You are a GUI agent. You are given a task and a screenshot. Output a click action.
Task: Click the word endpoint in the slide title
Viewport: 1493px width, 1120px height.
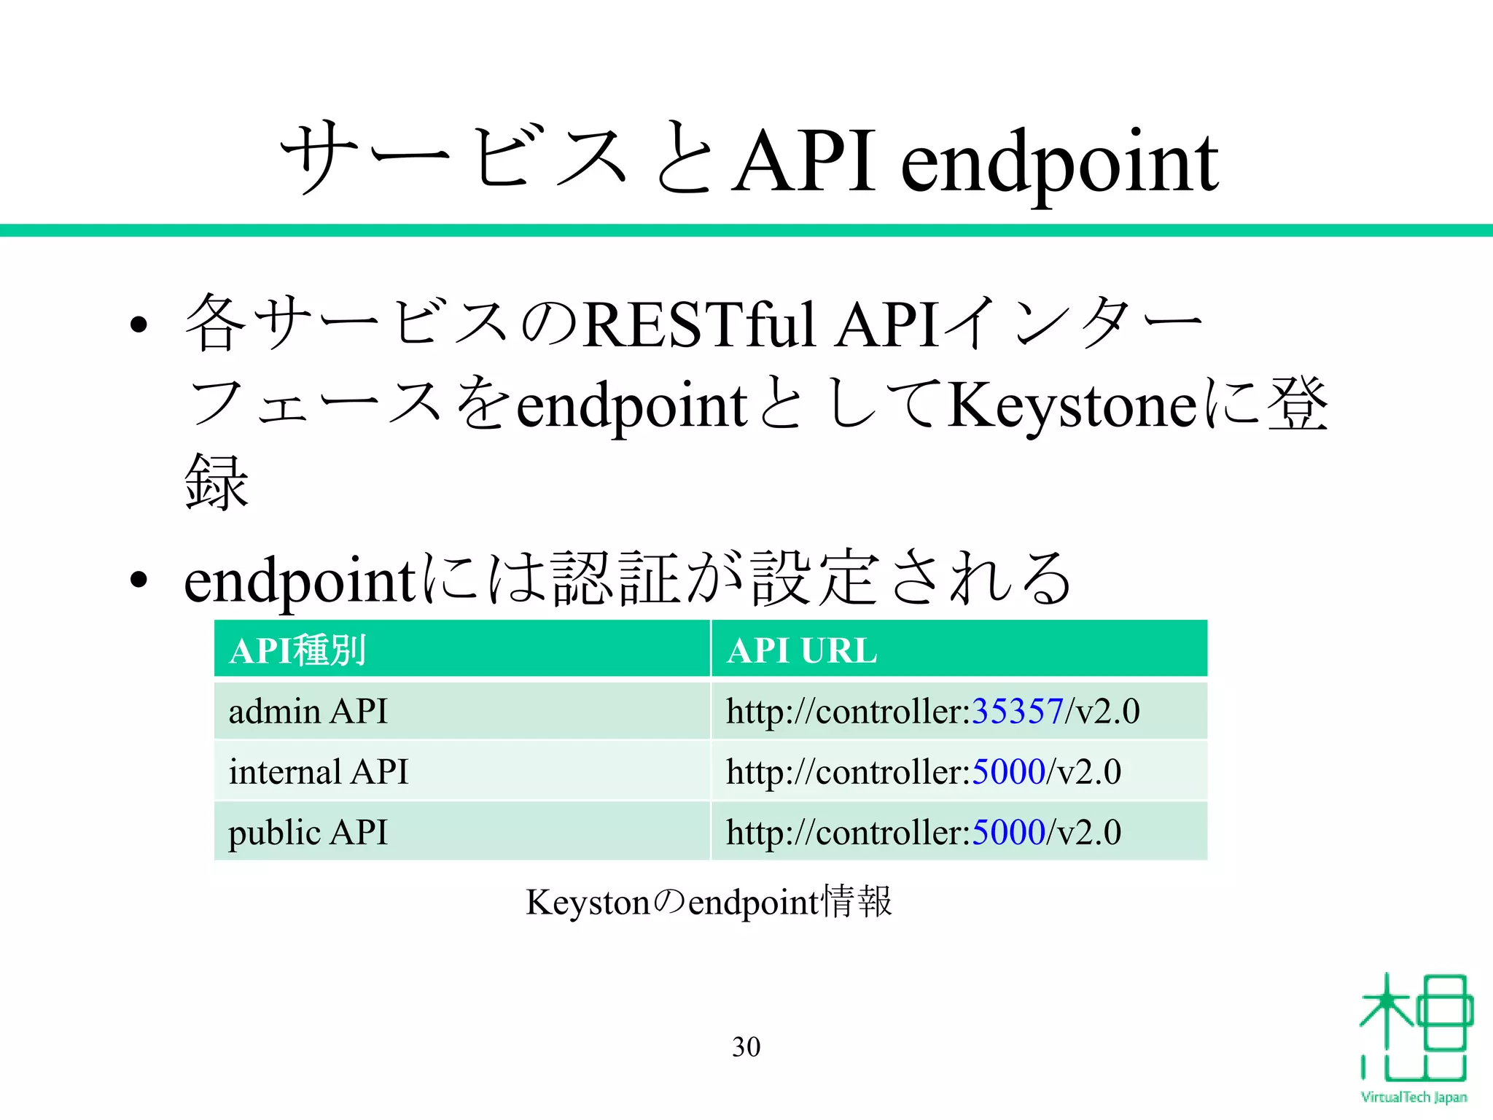point(1059,164)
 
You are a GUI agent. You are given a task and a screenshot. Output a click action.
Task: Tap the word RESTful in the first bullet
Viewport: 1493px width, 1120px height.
point(699,325)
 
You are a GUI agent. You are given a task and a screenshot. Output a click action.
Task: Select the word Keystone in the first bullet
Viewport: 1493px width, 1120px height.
point(1072,405)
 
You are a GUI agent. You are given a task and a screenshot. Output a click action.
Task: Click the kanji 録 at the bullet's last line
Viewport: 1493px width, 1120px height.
point(217,482)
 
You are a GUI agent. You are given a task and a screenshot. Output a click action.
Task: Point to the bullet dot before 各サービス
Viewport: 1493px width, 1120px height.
point(139,324)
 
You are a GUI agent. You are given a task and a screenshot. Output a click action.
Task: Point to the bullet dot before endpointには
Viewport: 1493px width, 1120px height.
point(139,581)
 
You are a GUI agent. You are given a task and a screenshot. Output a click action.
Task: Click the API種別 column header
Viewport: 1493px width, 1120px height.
point(297,650)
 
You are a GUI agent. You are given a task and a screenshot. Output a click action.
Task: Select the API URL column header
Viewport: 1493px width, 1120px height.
point(802,650)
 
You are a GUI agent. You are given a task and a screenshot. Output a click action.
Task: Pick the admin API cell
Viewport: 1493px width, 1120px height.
point(308,711)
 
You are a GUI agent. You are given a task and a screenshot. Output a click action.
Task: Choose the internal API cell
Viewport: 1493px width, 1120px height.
point(319,771)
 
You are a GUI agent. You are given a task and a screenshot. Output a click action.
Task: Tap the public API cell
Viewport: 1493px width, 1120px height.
point(308,832)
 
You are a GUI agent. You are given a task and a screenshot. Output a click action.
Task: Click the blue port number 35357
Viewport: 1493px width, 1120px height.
point(1018,711)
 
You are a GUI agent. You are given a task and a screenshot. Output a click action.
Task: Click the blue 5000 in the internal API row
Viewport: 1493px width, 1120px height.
point(1009,771)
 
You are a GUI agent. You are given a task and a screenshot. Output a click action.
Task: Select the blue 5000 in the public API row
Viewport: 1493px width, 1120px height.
point(1009,832)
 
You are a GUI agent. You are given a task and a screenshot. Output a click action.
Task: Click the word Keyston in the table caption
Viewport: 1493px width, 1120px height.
point(587,903)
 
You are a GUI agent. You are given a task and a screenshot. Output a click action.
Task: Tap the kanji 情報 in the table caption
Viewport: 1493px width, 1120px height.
point(857,902)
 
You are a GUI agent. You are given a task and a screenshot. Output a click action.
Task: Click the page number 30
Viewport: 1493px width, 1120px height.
point(746,1047)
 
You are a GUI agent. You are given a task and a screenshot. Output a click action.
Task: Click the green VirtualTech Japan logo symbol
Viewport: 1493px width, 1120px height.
point(1414,1028)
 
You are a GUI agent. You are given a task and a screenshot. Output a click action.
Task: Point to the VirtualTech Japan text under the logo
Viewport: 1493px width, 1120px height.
point(1414,1097)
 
